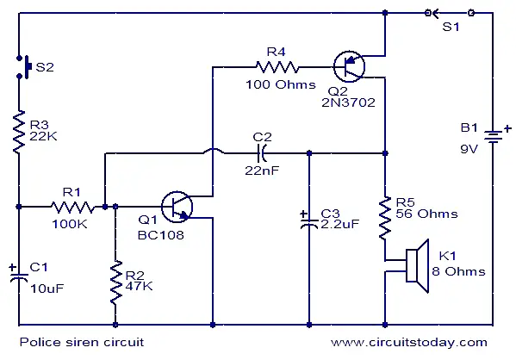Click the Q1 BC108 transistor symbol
point(177,207)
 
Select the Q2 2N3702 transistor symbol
point(349,66)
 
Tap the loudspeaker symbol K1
point(417,266)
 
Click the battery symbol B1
point(493,135)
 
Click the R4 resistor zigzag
point(277,67)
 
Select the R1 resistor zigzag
point(72,207)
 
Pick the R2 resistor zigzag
point(115,282)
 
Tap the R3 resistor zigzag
point(19,132)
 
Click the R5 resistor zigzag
point(385,218)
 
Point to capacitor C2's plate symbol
point(262,152)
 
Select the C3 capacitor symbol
point(308,220)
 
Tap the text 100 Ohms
point(281,84)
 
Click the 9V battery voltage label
point(469,149)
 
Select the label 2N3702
point(348,102)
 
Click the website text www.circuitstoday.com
point(409,342)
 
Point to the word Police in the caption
point(40,342)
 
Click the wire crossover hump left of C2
point(214,151)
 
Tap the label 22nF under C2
point(262,171)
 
